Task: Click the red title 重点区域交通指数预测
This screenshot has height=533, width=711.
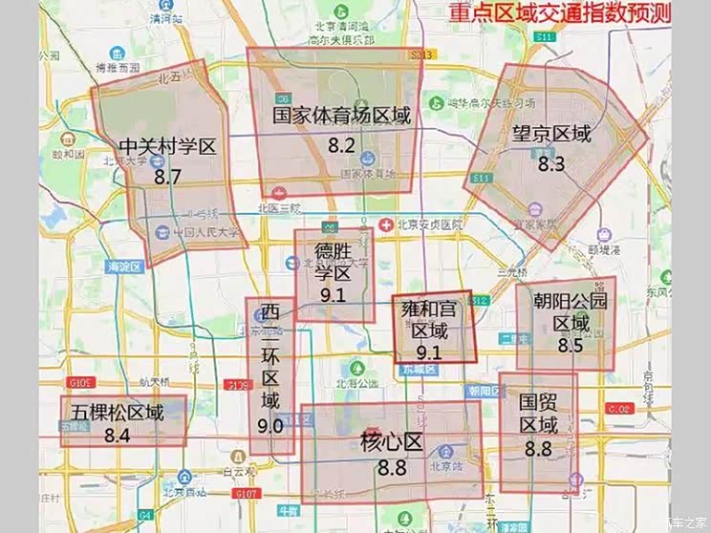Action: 560,13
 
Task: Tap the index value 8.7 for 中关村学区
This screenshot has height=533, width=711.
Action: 167,177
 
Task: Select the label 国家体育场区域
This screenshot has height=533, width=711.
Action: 341,117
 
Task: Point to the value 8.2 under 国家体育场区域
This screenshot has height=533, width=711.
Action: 341,146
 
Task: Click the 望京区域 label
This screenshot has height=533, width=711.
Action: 551,134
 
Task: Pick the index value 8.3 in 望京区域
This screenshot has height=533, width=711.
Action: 551,163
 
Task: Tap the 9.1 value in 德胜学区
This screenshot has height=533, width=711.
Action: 333,295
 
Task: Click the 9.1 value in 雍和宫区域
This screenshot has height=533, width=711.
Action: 429,352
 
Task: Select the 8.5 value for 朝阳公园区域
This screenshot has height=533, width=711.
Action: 570,346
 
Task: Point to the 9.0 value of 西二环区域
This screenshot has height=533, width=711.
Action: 270,426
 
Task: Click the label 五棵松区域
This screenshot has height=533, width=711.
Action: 118,413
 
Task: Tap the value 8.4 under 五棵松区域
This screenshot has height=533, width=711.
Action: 118,436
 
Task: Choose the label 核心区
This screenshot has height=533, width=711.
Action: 391,442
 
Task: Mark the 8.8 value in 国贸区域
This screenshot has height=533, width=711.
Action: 538,448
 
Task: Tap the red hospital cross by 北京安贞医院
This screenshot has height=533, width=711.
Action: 385,225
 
